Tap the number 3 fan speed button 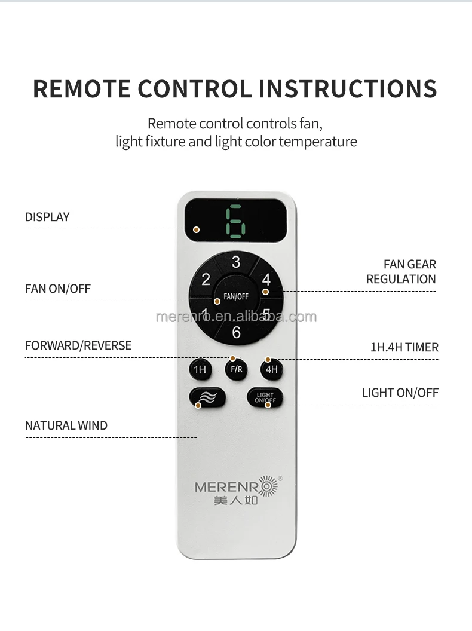236,262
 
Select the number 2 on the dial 206,280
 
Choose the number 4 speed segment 266,280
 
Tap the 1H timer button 200,369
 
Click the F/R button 237,369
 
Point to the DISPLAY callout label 47,217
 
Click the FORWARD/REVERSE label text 78,345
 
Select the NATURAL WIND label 66,425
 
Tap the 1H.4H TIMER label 404,347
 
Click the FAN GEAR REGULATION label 401,271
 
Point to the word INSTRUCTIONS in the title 348,88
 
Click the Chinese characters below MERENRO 236,500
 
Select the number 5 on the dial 266,313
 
